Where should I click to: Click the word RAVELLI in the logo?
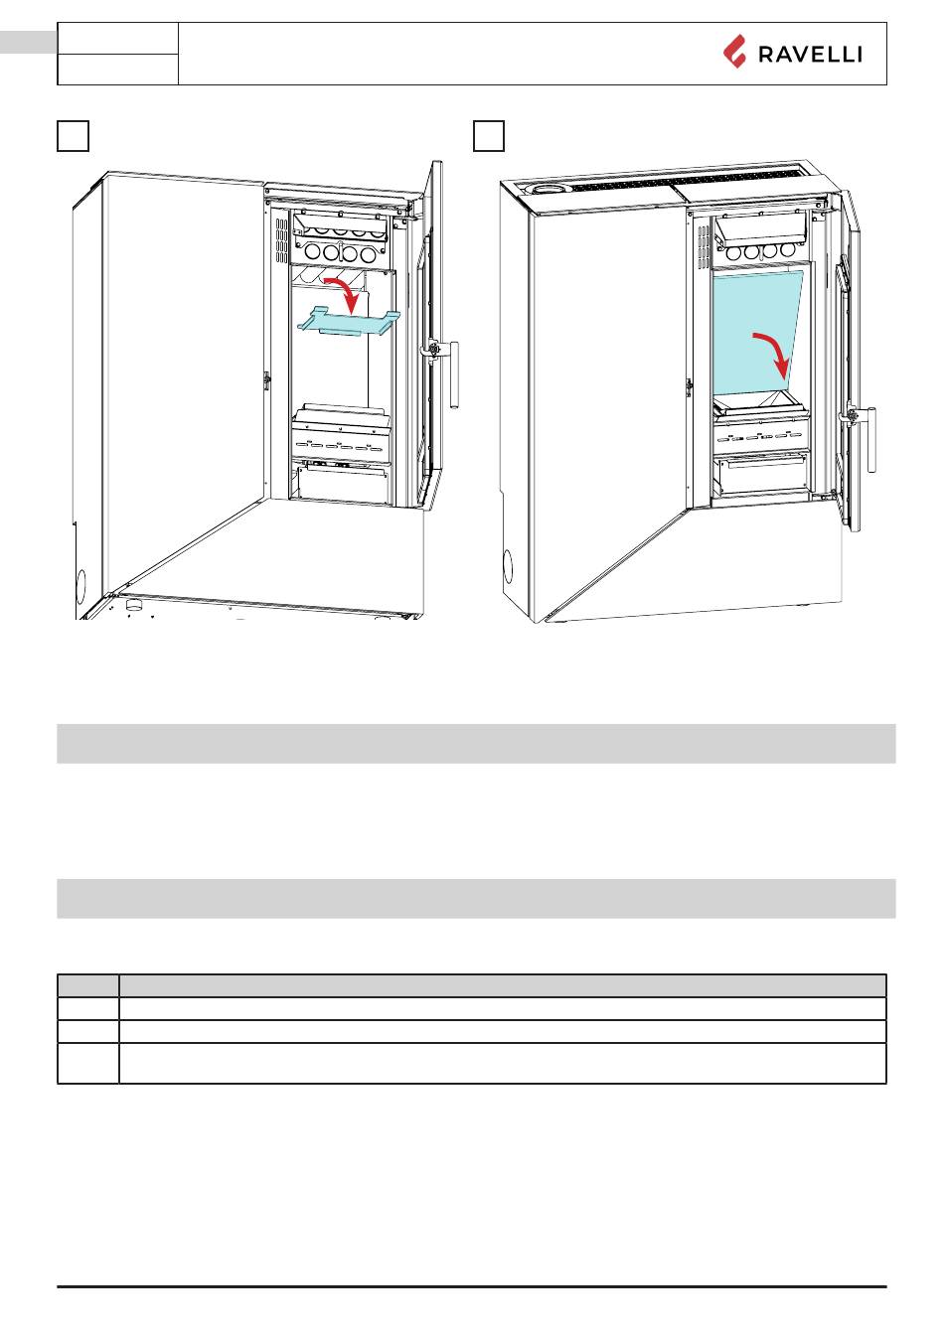(x=810, y=55)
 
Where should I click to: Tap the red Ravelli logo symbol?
(x=734, y=52)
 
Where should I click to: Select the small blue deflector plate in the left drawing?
(x=349, y=322)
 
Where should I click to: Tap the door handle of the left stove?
(x=454, y=374)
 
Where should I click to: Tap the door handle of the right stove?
(x=871, y=439)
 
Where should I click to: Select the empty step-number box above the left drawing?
(x=73, y=136)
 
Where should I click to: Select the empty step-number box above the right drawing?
(x=489, y=136)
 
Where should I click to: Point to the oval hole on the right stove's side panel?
(x=508, y=566)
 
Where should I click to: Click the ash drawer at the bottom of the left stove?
(x=342, y=483)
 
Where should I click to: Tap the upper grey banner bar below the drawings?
(x=476, y=743)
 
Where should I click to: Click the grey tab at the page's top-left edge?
(x=29, y=42)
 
